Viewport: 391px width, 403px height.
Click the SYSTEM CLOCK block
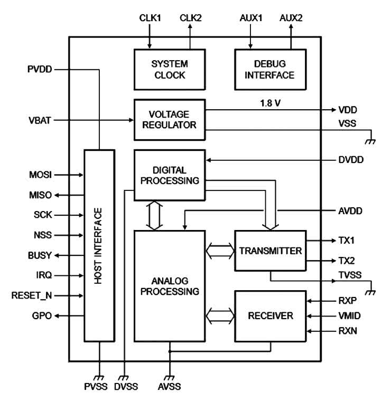click(x=170, y=70)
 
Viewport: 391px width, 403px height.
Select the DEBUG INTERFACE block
click(x=271, y=70)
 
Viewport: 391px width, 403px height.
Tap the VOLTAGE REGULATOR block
click(x=170, y=120)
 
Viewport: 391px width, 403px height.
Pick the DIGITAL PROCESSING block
click(x=170, y=175)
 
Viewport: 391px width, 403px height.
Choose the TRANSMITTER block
click(x=271, y=251)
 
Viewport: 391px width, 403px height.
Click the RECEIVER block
click(x=271, y=316)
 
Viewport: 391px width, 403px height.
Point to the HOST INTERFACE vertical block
click(x=99, y=246)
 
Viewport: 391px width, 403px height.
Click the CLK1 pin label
click(x=150, y=18)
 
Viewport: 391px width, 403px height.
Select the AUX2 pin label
click(x=291, y=18)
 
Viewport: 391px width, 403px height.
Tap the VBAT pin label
click(x=40, y=120)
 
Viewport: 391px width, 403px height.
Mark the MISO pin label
click(x=40, y=195)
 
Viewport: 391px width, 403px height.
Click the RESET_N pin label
click(x=32, y=295)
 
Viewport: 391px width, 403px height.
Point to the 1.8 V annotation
click(x=271, y=103)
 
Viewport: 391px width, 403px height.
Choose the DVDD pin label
click(x=351, y=160)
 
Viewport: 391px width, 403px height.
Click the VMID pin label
click(x=350, y=316)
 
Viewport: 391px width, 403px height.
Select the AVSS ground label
click(x=170, y=387)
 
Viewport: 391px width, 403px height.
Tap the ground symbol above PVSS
click(x=99, y=378)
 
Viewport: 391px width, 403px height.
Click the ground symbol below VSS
click(x=371, y=141)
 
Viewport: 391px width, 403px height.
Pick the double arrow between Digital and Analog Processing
click(x=154, y=216)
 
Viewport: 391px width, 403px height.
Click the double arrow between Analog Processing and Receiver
click(x=220, y=316)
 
